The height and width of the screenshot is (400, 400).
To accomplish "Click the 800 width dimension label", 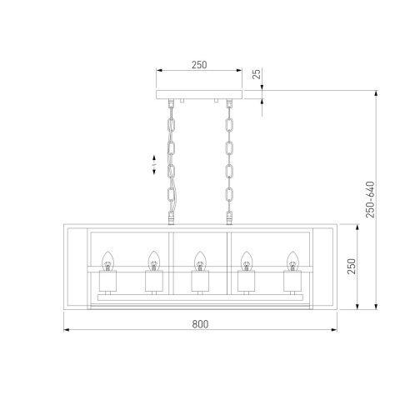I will (198, 323).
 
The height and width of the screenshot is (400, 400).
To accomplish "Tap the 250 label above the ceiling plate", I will (198, 62).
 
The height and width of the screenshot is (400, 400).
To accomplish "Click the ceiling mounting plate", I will (198, 97).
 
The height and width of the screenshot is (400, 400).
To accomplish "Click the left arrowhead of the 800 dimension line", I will (67, 332).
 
